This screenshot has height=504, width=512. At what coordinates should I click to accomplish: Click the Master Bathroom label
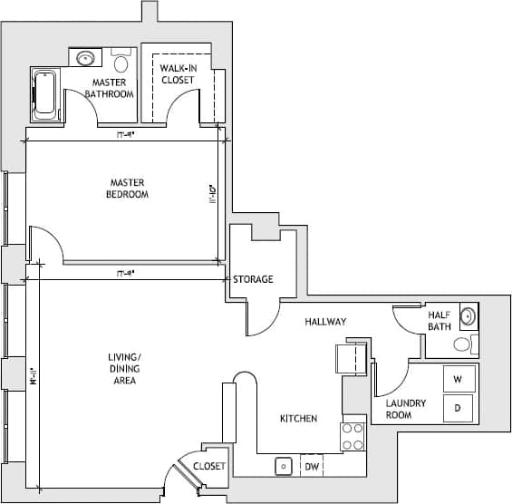click(109, 88)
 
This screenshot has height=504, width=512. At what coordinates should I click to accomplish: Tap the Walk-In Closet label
click(178, 74)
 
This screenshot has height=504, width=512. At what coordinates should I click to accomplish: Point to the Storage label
click(253, 279)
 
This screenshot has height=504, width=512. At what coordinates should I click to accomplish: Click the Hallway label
click(325, 322)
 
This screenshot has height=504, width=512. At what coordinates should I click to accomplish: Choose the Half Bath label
click(440, 320)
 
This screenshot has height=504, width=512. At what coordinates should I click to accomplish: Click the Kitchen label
click(298, 419)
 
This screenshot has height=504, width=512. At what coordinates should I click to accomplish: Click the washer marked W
click(458, 379)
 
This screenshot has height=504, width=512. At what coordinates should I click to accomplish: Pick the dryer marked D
click(458, 408)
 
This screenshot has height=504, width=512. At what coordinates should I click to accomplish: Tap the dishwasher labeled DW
click(312, 466)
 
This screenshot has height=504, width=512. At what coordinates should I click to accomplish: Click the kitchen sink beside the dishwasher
click(283, 466)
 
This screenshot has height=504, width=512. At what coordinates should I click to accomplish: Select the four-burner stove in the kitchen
click(353, 437)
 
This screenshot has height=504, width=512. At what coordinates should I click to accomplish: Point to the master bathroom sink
click(87, 59)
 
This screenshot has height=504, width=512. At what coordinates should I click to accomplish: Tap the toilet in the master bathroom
click(121, 63)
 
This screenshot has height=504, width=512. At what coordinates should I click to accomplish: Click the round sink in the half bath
click(467, 316)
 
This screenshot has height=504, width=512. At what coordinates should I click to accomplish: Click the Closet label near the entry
click(209, 465)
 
